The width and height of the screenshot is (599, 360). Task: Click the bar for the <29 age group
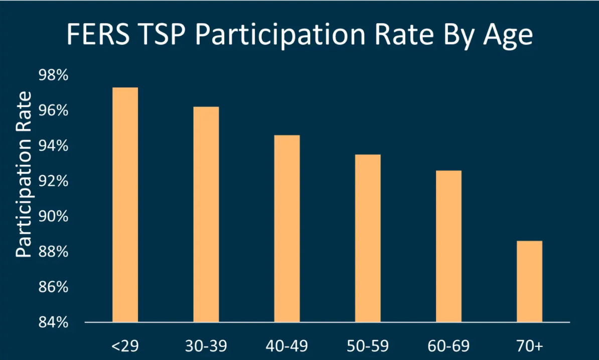click(125, 204)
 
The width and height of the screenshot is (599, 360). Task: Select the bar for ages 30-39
click(206, 214)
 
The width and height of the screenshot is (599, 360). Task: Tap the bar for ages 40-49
click(287, 228)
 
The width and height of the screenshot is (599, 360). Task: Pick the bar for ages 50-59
click(368, 238)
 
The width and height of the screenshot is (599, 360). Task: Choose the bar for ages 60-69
click(448, 246)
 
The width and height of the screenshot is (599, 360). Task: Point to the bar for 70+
click(529, 281)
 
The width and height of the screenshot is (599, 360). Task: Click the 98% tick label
click(53, 75)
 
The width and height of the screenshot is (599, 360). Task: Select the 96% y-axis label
click(53, 110)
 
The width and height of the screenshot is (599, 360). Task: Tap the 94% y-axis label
click(53, 146)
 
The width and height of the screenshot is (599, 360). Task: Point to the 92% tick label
click(53, 181)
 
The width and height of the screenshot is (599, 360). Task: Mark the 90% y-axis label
click(53, 216)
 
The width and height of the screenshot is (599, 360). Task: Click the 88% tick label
click(53, 252)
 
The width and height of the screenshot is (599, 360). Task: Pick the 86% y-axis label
click(53, 287)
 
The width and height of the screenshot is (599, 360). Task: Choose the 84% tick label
click(53, 322)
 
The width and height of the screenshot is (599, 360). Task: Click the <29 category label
click(125, 346)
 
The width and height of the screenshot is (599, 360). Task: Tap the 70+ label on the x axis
click(529, 346)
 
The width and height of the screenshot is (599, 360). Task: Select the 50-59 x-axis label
click(368, 346)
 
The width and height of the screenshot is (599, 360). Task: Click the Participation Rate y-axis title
click(24, 175)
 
